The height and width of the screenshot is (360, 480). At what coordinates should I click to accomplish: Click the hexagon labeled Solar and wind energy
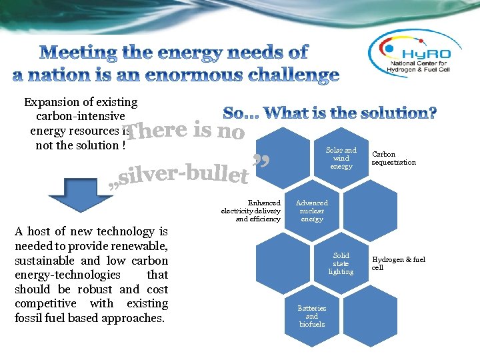(x=341, y=159)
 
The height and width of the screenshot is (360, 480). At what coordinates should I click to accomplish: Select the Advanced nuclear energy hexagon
(x=312, y=211)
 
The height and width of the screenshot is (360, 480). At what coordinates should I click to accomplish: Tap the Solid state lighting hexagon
(x=341, y=263)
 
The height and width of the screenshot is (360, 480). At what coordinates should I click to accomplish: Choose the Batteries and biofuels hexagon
(x=312, y=316)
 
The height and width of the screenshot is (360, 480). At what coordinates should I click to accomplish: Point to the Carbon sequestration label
(x=393, y=159)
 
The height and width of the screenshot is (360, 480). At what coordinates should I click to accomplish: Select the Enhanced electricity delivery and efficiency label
(x=251, y=211)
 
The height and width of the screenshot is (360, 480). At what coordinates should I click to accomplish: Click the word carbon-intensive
(x=80, y=117)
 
